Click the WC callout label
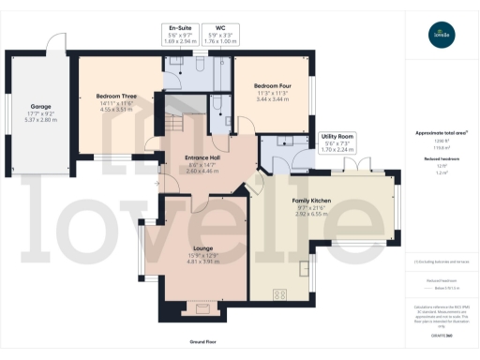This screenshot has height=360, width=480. [218, 28]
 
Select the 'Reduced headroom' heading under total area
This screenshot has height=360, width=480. [441, 160]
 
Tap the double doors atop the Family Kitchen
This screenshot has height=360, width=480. [351, 172]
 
